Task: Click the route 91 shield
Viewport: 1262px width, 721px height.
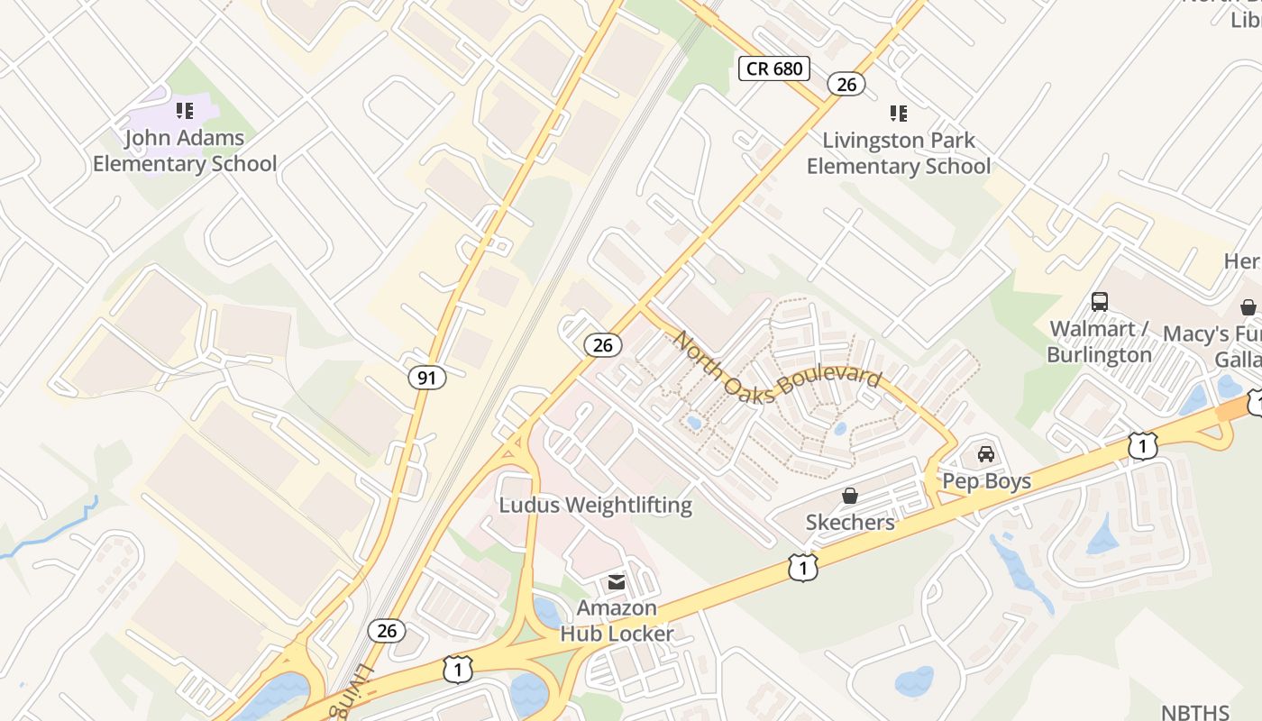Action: pos(427,378)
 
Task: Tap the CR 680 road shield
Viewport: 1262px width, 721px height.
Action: pos(774,68)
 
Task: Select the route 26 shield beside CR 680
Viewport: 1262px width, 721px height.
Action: pos(846,85)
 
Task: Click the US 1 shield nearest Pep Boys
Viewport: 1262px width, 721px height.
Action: pos(1142,445)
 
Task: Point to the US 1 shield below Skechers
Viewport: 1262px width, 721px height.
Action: pos(802,568)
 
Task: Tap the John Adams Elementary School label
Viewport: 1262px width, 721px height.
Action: pos(185,151)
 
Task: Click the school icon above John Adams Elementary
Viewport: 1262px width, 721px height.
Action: pos(185,111)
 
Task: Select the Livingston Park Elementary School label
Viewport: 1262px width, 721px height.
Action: pos(898,153)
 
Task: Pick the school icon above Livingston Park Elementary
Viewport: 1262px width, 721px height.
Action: pos(898,114)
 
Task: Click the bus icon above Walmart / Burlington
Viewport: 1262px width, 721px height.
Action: pos(1099,302)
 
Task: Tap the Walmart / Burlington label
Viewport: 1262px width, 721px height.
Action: pos(1099,342)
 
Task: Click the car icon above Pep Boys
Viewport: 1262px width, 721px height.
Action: pos(986,454)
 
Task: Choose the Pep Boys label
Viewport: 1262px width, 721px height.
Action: pos(986,481)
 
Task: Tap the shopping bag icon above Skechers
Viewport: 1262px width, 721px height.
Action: pos(849,496)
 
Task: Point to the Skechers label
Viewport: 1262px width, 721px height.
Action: pos(850,523)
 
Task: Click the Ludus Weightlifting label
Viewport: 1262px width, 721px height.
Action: pos(596,505)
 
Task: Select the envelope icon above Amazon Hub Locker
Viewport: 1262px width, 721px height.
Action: pos(617,582)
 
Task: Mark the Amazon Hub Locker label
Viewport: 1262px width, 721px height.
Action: pos(617,621)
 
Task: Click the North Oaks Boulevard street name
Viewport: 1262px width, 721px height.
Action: pos(777,365)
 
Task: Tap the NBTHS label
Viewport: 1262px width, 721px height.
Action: pos(1195,712)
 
